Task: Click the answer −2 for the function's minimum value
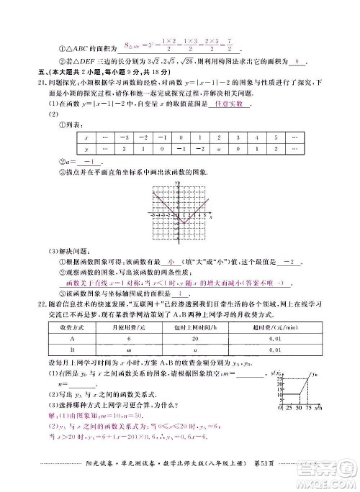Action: coord(290,263)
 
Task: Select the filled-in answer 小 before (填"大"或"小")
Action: coord(171,263)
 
